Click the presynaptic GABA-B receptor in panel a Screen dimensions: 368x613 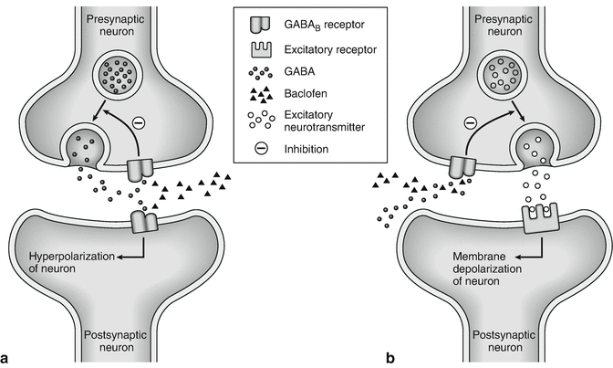139,168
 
